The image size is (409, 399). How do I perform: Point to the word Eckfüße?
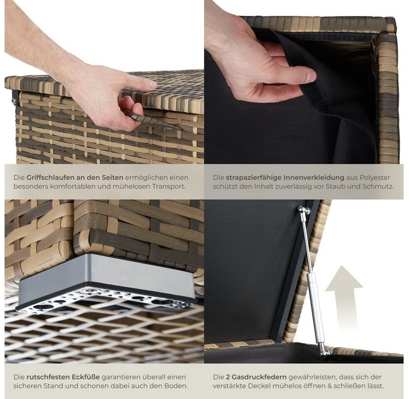point(86,377)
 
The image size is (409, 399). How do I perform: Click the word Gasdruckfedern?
point(259,377)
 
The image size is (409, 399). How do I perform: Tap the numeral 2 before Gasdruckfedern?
point(228,377)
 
